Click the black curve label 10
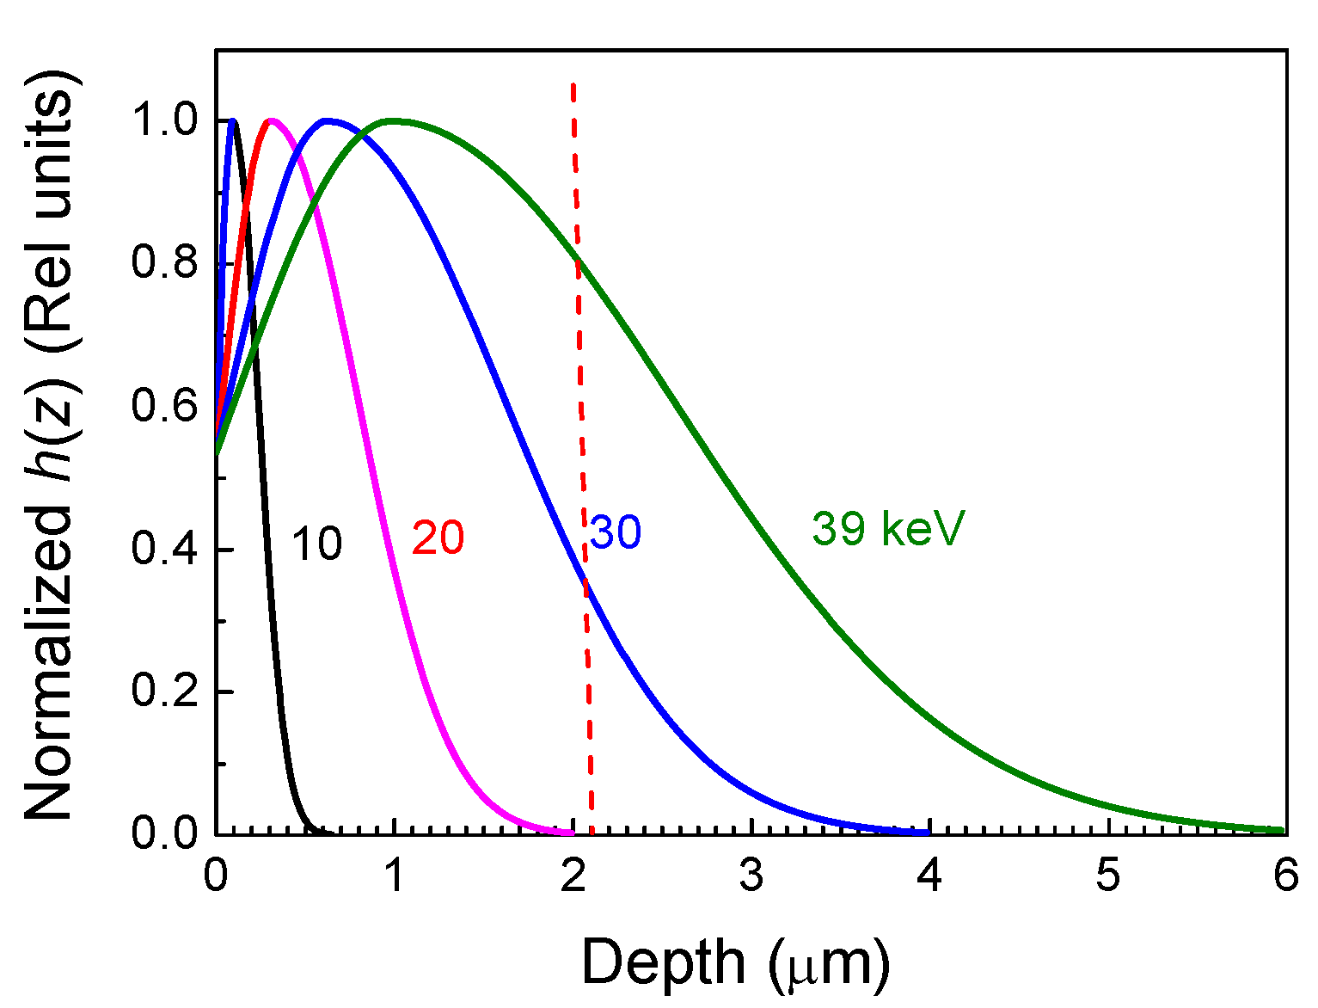click(316, 544)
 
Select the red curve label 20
click(438, 538)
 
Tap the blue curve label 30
click(616, 532)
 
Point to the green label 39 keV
click(888, 528)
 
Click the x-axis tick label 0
click(215, 877)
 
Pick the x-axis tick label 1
click(395, 877)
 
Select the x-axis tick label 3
click(751, 877)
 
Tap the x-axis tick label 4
click(930, 877)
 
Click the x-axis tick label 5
click(1108, 877)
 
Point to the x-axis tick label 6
click(1286, 877)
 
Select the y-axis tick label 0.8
click(165, 263)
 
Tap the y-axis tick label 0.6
click(165, 406)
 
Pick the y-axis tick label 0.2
click(165, 691)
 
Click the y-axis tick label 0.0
click(165, 833)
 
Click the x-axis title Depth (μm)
click(736, 962)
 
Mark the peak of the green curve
click(393, 120)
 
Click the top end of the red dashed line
click(573, 83)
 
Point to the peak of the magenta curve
click(272, 120)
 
